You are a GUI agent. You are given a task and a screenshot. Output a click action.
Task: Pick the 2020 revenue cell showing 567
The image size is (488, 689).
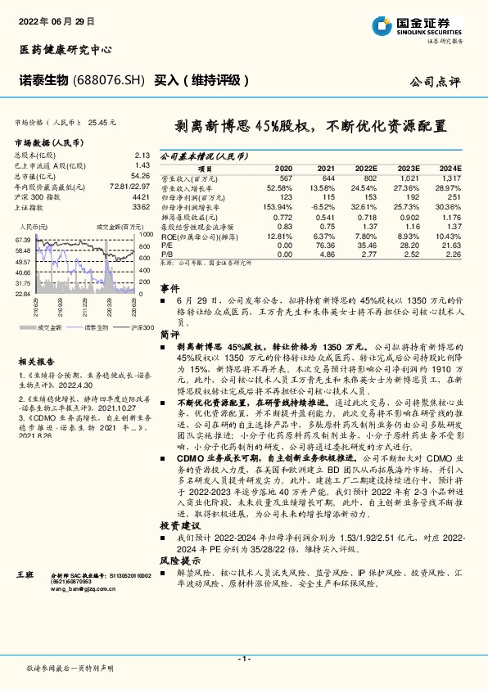pos(285,178)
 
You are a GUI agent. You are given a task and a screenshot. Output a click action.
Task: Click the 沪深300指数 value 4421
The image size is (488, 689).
pos(141,196)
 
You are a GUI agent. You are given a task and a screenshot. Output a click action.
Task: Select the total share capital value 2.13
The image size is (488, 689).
pos(142,155)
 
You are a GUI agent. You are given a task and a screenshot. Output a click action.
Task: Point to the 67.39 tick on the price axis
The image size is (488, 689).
pos(23,239)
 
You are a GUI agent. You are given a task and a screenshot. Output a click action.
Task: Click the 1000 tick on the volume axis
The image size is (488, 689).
pos(146,233)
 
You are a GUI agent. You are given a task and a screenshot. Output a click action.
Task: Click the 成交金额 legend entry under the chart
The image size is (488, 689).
pos(51,326)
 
